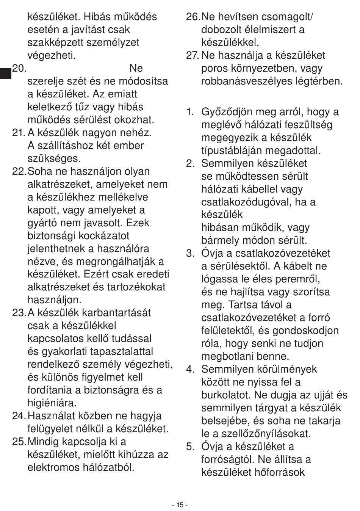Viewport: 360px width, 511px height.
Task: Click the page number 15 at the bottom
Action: (x=180, y=505)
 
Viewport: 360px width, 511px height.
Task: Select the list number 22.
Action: (x=19, y=171)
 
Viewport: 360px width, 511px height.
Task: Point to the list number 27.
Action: (x=192, y=55)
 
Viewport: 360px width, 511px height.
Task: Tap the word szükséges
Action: (x=54, y=158)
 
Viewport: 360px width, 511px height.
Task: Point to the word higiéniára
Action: (x=52, y=403)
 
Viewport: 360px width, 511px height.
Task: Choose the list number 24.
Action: (x=19, y=416)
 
